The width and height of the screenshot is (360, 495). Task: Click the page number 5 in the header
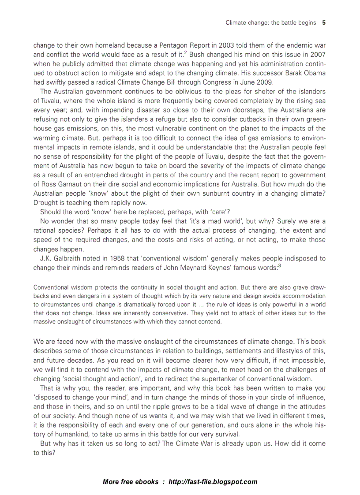pyautogui.click(x=324, y=22)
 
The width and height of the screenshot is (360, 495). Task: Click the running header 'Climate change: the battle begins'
pyautogui.click(x=270, y=22)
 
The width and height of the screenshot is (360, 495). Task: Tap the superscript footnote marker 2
pyautogui.click(x=186, y=53)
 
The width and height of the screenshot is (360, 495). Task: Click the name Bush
pyautogui.click(x=199, y=55)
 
